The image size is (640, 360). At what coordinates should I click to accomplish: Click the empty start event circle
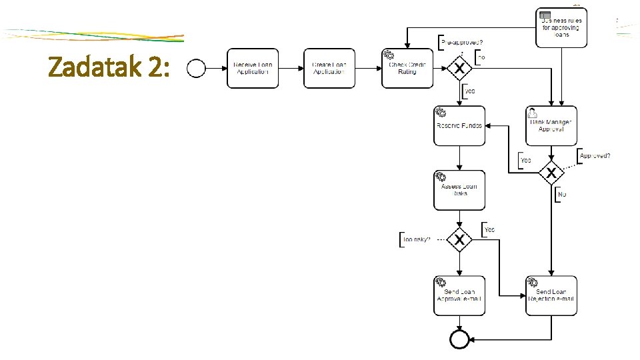197,68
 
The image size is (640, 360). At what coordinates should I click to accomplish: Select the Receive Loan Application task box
253,68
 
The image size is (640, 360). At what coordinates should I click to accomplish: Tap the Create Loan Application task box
329,68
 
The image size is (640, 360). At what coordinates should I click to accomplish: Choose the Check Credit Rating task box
407,68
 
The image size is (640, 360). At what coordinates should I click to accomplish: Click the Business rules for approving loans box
561,27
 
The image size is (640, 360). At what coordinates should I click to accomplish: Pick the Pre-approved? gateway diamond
459,68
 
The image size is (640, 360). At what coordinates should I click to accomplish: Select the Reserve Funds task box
459,125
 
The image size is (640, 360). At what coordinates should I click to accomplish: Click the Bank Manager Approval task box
551,125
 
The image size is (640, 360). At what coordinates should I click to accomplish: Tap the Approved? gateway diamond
551,173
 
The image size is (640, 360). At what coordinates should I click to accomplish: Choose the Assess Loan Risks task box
459,190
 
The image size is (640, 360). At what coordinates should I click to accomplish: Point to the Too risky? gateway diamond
459,239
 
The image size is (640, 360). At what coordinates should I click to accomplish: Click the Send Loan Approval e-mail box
459,295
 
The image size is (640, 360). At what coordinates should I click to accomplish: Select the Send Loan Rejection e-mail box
551,295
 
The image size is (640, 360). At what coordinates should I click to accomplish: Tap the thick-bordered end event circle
459,339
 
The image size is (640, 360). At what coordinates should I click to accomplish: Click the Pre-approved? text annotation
463,43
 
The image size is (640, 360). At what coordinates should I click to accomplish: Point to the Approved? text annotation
595,156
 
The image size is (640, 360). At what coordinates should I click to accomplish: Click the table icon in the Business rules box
545,15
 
